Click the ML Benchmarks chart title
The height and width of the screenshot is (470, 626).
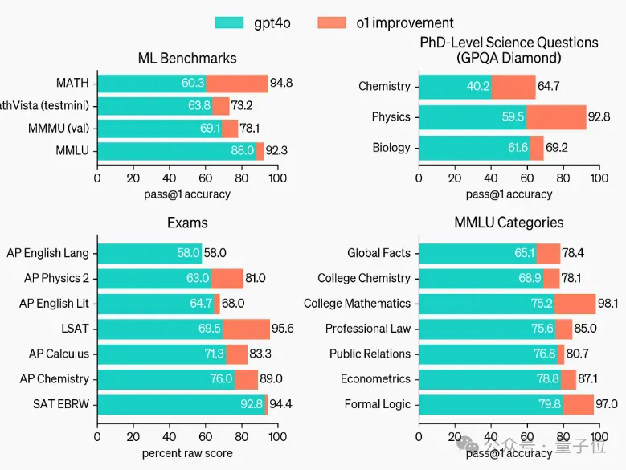click(x=187, y=58)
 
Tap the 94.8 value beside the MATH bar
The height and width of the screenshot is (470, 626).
click(x=281, y=83)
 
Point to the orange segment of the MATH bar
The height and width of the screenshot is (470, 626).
click(x=237, y=83)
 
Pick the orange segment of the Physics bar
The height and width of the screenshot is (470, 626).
click(x=556, y=117)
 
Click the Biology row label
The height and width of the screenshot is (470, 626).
click(x=391, y=148)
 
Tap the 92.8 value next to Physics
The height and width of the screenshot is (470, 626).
click(x=599, y=117)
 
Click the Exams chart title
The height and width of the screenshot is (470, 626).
click(x=186, y=223)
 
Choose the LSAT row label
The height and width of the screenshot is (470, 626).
click(x=74, y=329)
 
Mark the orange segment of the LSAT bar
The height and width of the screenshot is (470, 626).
click(x=246, y=329)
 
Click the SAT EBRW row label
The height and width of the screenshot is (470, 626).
click(x=61, y=404)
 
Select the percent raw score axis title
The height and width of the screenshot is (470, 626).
click(x=187, y=453)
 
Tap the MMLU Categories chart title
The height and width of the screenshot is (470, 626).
click(x=509, y=223)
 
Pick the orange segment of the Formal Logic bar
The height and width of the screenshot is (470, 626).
click(x=578, y=404)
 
